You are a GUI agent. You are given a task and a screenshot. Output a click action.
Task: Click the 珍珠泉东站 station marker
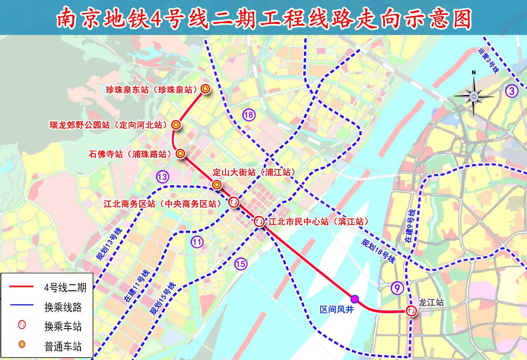tap(205, 88)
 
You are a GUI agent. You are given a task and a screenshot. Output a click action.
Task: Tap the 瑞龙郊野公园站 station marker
tap(176, 124)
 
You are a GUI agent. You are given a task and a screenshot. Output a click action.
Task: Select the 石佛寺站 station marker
tap(180, 153)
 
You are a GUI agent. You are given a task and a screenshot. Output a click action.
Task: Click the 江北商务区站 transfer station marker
tap(233, 202)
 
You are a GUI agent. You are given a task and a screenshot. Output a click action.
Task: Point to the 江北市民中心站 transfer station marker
tap(259, 221)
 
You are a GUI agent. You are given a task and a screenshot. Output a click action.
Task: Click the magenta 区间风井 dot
tap(354, 299)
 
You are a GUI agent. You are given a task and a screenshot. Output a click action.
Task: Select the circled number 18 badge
tap(249, 115)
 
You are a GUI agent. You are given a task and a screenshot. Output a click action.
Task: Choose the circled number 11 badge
tap(197, 242)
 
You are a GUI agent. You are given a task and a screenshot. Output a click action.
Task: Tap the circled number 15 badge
tap(240, 263)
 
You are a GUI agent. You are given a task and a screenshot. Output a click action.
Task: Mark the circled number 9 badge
tap(397, 288)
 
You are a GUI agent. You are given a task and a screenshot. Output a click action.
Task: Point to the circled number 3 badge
tap(512, 91)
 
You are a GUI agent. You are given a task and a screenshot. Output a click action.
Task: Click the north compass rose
tap(474, 96)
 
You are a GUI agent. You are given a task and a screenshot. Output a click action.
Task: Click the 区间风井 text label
tap(337, 309)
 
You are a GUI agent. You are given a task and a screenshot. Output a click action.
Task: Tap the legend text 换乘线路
tap(63, 307)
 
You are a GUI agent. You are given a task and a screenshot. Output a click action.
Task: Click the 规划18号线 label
tap(378, 252)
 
